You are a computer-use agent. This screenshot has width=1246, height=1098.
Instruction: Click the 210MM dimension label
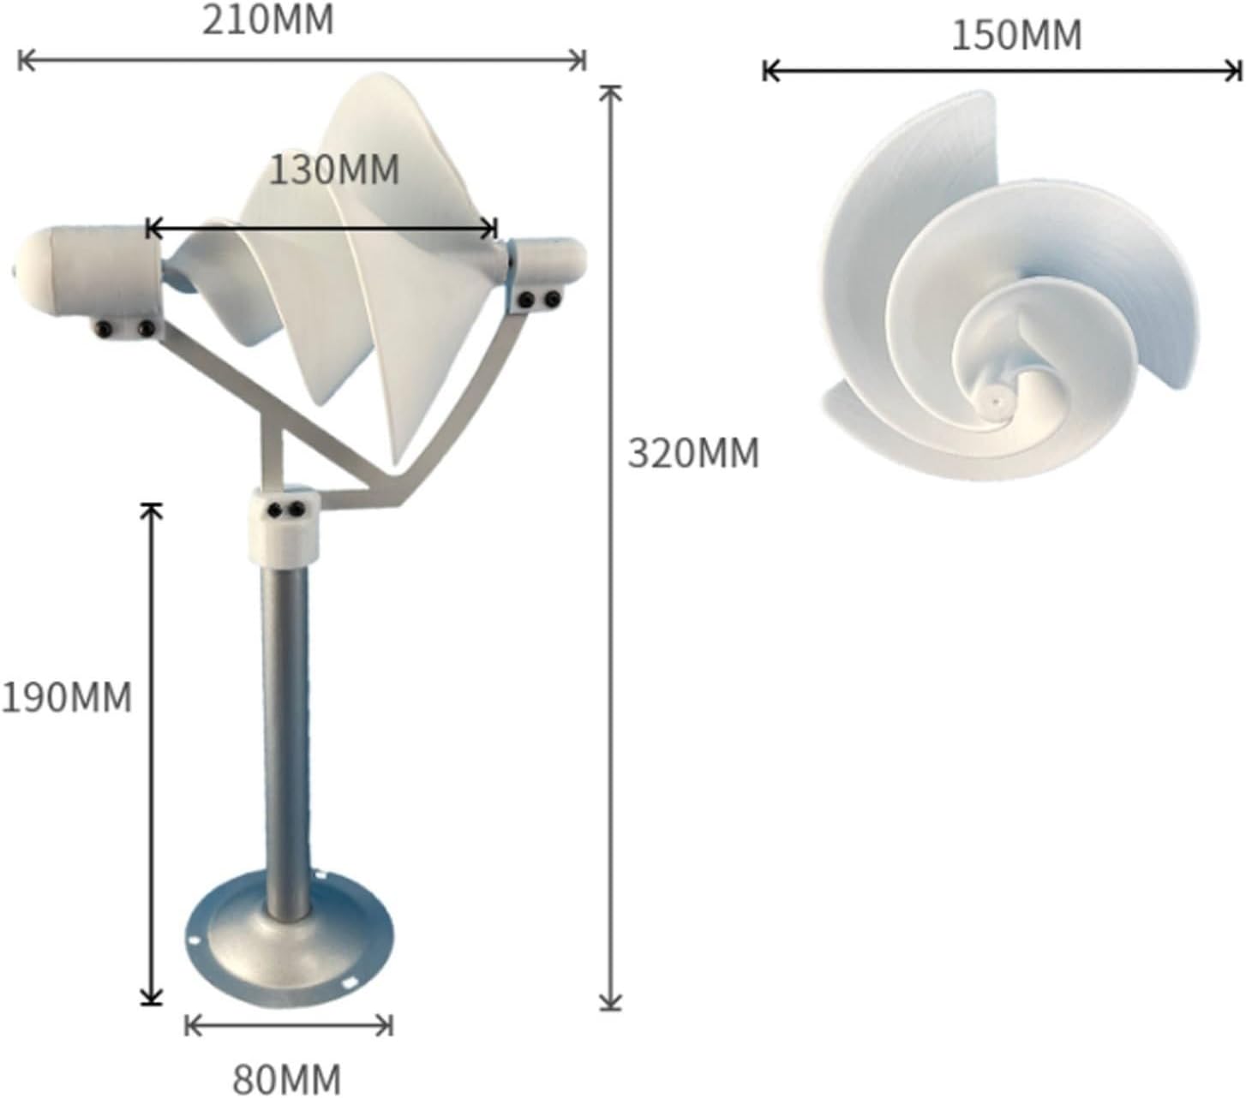click(x=267, y=21)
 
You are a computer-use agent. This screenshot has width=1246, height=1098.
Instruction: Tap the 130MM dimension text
click(x=334, y=170)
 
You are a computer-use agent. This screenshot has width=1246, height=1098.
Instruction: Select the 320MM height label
click(x=693, y=453)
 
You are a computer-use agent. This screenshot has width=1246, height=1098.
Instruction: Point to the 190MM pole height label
click(x=67, y=697)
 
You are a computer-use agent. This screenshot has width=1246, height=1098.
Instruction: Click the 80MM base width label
click(x=286, y=1077)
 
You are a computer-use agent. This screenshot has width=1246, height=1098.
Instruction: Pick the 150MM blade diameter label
click(x=1016, y=36)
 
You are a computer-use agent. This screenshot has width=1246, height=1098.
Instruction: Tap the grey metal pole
click(x=286, y=737)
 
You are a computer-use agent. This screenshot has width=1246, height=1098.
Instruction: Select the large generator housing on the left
click(x=90, y=272)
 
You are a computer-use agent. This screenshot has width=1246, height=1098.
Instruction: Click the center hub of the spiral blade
click(x=996, y=398)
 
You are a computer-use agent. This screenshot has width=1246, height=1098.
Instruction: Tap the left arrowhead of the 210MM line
click(x=21, y=60)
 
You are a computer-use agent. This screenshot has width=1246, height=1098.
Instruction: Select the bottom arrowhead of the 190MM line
click(x=152, y=1000)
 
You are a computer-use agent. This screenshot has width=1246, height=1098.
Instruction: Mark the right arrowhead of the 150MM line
click(x=1238, y=71)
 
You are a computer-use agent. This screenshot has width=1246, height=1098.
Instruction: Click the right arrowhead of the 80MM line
click(x=390, y=1024)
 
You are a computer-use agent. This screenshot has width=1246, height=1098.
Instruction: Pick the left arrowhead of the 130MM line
click(x=150, y=229)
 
